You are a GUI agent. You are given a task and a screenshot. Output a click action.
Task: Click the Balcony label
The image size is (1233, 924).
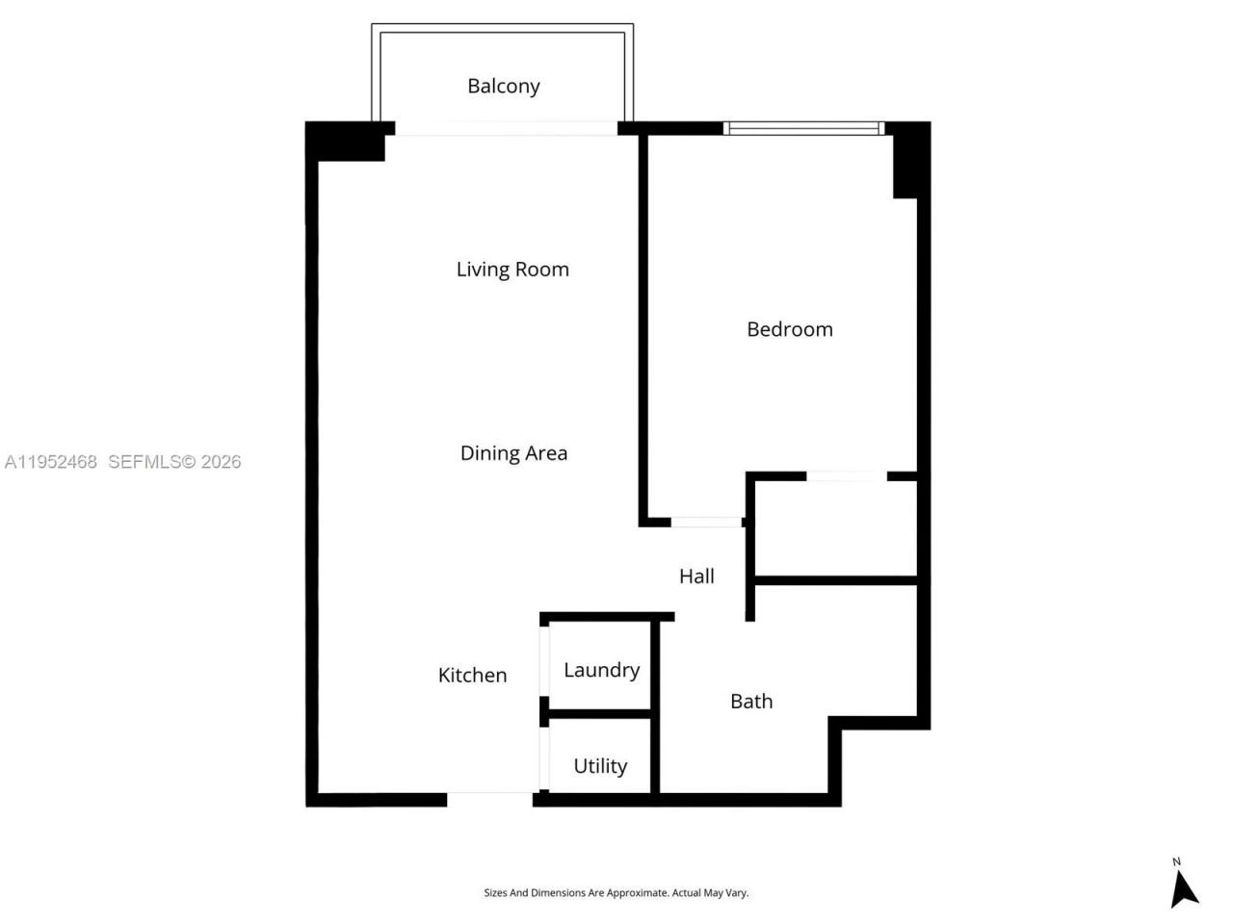pos(503,86)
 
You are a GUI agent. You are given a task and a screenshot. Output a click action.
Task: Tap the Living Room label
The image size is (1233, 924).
pos(512,269)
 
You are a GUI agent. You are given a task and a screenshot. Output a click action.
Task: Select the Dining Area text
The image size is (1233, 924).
pos(513,453)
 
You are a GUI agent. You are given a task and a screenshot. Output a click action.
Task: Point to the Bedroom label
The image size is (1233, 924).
pos(789,329)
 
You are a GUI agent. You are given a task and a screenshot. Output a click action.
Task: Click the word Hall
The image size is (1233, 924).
pos(696,577)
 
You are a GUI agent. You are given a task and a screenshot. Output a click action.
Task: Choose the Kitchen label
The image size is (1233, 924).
pos(472,676)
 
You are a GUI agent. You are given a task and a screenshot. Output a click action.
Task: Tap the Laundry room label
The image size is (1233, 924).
pos(601,670)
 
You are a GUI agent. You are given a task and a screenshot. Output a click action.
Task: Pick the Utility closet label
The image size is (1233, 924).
pos(600,766)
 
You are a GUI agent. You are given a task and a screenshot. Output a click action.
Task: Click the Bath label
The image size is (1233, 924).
pos(751,702)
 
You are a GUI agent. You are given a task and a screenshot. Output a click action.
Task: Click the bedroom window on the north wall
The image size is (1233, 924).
pos(803,128)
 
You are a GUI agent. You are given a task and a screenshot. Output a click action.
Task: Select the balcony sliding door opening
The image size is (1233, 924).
pos(506,128)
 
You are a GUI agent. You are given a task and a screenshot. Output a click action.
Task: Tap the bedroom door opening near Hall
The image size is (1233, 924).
pos(706,522)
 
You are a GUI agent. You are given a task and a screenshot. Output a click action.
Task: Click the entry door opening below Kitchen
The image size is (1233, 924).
pos(489,799)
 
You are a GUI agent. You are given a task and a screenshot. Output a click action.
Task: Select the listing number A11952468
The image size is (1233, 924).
pos(50,462)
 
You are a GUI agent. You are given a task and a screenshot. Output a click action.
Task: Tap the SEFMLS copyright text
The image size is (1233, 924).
pos(174,462)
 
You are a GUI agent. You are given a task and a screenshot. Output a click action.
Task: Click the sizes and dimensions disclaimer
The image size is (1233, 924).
pos(616,893)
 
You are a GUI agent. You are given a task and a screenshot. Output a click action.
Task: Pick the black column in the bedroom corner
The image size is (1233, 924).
pos(905,162)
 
